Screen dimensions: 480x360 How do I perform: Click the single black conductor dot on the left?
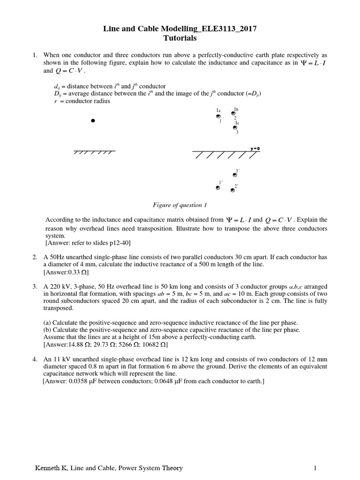93,121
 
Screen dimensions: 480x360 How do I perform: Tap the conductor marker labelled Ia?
218,117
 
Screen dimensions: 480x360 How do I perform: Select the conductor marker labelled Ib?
233,113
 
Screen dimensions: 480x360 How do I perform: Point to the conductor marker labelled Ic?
235,127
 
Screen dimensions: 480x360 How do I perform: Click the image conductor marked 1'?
217,188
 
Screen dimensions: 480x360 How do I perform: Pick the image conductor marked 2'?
232,190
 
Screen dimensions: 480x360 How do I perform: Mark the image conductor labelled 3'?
235,174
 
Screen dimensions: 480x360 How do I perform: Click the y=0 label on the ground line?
255,149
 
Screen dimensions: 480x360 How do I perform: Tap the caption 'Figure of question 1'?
180,205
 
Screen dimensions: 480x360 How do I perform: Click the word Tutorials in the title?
180,38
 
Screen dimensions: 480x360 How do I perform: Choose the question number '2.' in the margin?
35,257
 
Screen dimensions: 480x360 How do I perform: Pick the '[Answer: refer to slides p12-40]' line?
88,243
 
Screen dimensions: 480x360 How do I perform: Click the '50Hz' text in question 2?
58,257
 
